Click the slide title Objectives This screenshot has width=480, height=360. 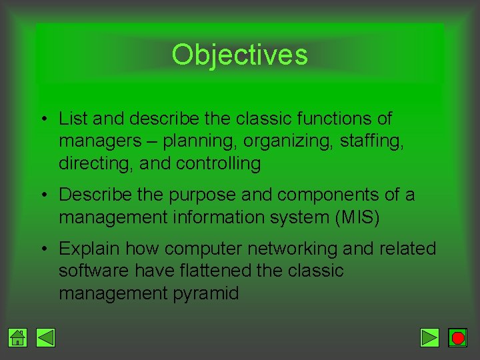point(239,55)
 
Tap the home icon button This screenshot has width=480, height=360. point(18,338)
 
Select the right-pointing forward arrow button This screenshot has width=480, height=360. point(430,338)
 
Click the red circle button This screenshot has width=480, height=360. point(457,338)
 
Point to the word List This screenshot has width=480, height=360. point(73,119)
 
